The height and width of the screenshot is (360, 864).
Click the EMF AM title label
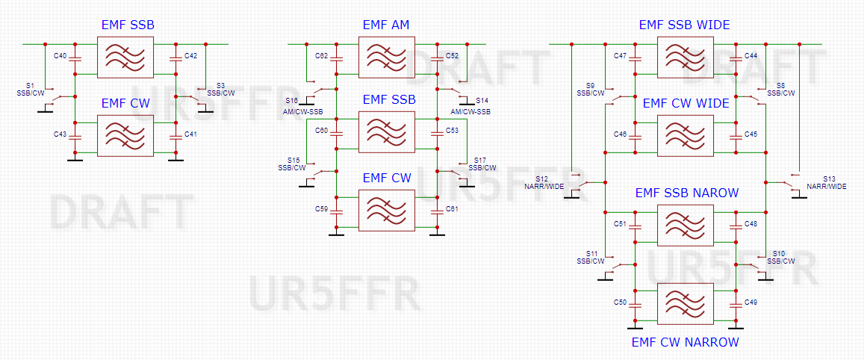point(386,25)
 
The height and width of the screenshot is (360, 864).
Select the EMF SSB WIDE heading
point(684,25)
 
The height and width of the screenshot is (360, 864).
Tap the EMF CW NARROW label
point(684,342)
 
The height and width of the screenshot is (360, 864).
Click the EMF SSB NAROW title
point(687,193)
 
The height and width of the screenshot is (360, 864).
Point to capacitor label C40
point(60,56)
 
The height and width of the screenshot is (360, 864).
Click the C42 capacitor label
point(190,56)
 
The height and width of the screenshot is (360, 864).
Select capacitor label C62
point(322,56)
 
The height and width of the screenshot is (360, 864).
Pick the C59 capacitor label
point(322,209)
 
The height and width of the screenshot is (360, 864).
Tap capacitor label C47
point(621,56)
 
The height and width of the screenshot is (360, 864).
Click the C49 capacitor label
point(751,302)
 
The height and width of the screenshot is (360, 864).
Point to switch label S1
point(30,86)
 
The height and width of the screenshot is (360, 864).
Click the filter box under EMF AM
point(386,57)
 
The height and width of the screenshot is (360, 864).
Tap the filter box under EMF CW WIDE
point(685,135)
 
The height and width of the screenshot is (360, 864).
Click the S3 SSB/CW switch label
point(220,90)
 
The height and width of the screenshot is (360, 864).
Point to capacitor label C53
point(452,131)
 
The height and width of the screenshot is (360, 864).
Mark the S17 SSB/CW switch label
point(482,164)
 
